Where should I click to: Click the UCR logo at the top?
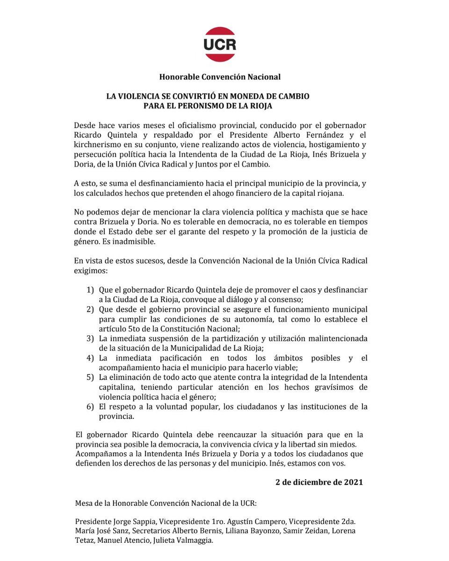pos(220,44)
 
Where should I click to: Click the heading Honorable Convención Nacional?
pos(220,77)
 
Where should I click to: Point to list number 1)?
pos(90,290)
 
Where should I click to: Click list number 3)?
pos(90,338)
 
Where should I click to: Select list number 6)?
pos(90,406)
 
